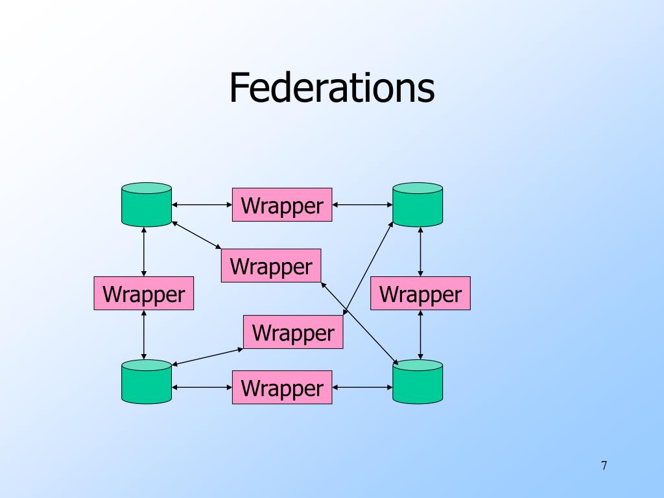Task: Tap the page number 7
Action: point(604,466)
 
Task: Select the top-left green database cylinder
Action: point(147,205)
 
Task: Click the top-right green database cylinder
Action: point(418,205)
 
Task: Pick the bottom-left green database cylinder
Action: point(147,382)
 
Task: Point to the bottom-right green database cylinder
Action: point(418,382)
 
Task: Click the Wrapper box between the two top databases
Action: point(282,205)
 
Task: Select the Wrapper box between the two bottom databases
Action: point(282,388)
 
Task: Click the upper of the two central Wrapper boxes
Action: point(271,266)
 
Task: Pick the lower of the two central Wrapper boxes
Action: point(293,332)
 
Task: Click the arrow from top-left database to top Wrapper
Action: point(202,205)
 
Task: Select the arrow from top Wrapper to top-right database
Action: point(362,205)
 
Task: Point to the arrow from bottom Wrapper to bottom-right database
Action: point(362,388)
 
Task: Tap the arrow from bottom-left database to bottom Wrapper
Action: point(202,388)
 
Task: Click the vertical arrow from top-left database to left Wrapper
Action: point(144,252)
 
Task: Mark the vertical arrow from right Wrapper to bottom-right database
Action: point(421,335)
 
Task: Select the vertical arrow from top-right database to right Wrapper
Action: point(421,252)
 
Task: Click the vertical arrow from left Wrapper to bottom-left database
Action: point(144,335)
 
